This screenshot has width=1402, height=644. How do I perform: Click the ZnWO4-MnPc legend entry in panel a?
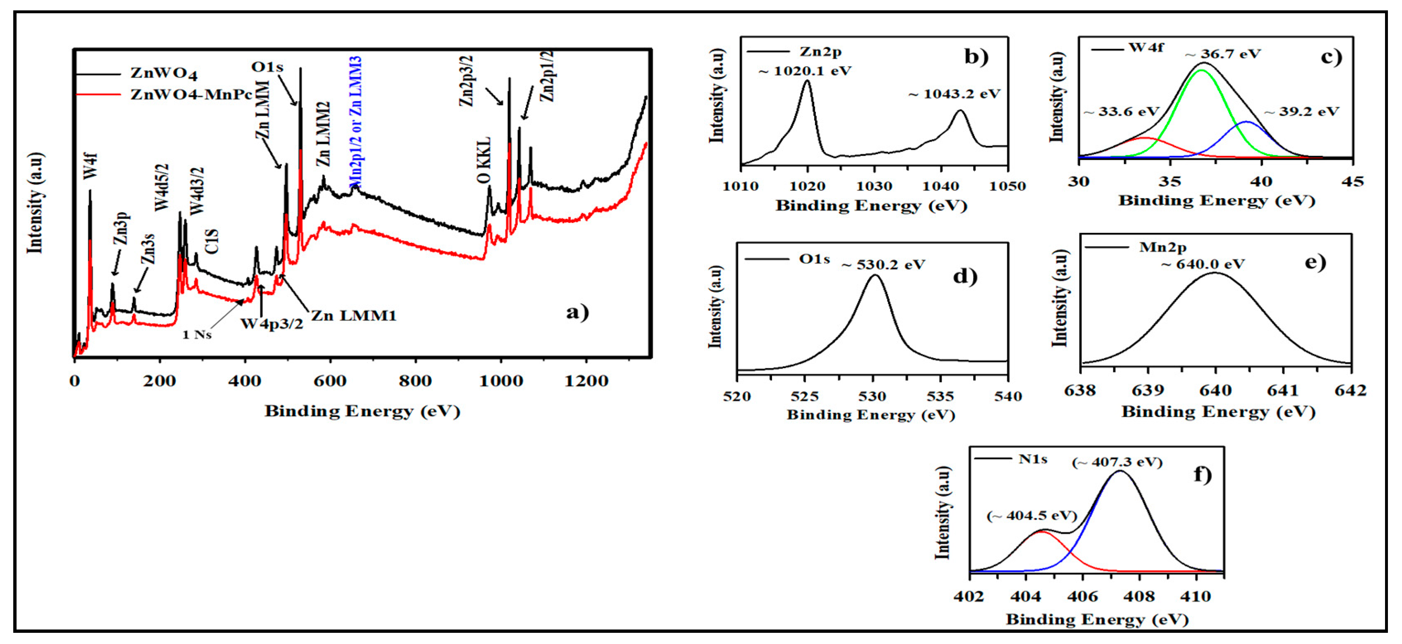(190, 95)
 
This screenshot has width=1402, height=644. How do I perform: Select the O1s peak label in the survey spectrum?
(267, 67)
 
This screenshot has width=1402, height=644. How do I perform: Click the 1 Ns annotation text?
(197, 334)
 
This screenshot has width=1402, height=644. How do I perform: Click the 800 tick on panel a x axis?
(415, 381)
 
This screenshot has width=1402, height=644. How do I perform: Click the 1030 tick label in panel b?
(874, 186)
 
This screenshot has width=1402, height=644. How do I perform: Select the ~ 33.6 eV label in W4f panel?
(1121, 112)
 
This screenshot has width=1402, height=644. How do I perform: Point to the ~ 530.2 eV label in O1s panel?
(883, 265)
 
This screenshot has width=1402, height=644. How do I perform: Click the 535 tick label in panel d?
(940, 396)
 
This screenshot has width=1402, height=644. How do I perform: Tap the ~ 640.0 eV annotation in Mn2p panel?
(1203, 265)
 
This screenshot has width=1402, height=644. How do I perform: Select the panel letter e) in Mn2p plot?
(1315, 263)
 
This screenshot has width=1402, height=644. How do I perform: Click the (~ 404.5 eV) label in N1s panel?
(1032, 516)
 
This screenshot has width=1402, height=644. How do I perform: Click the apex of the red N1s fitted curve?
(1041, 532)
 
